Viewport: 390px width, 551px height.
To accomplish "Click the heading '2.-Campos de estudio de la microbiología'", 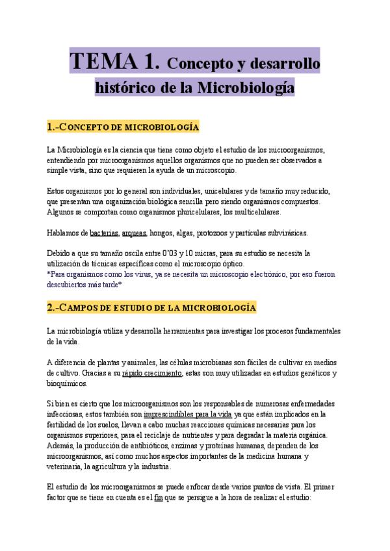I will click(151, 307).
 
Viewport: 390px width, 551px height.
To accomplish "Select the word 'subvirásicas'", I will click(287, 233).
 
